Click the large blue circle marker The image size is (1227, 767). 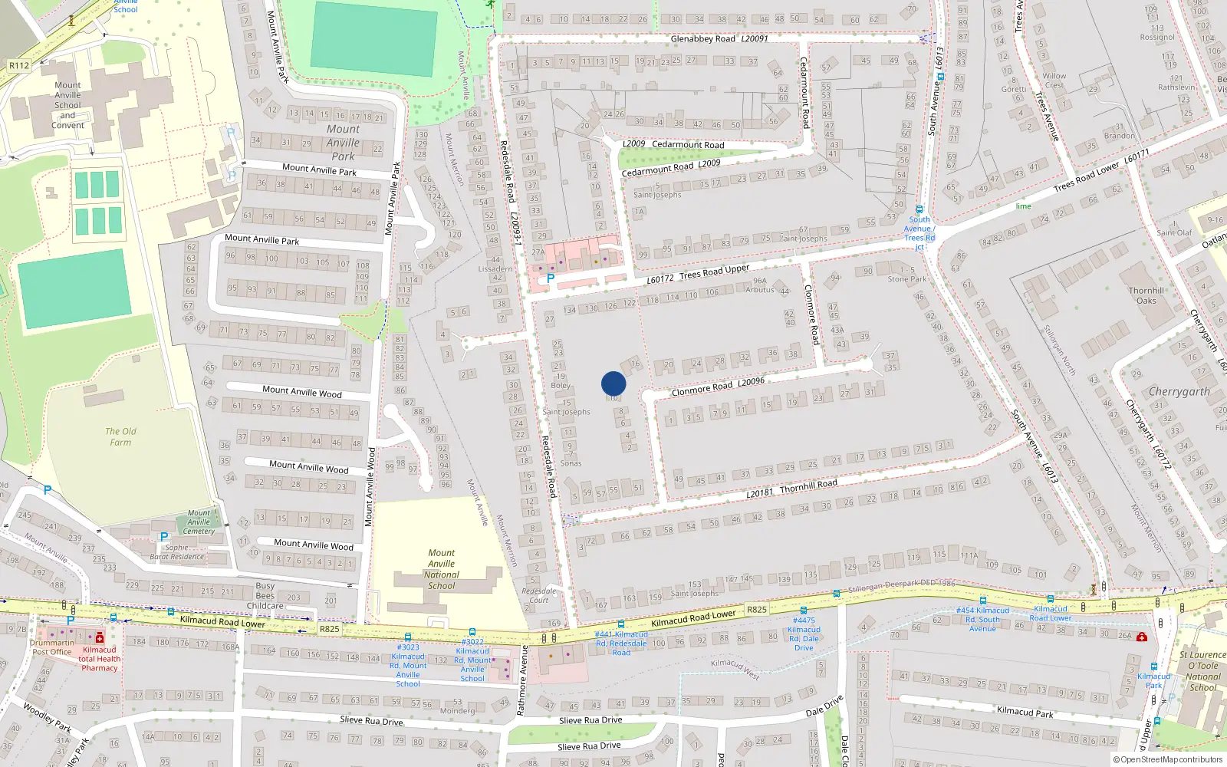[x=613, y=383]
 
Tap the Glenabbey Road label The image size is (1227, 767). [x=719, y=38]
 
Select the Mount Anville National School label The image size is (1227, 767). [x=441, y=569]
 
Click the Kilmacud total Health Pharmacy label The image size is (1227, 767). [x=100, y=659]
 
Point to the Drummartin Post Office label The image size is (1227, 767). [x=52, y=647]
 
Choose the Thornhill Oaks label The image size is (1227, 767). [x=1146, y=295]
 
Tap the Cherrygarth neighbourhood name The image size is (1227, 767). [x=1179, y=392]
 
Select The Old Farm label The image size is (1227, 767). [x=120, y=436]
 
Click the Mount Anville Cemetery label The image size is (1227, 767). [x=199, y=522]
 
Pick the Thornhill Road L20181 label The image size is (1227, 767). [x=791, y=489]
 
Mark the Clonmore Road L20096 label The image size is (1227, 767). [x=718, y=387]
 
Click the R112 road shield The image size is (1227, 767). [x=19, y=65]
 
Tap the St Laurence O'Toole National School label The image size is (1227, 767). [x=1202, y=671]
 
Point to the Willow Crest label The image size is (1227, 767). [x=1054, y=80]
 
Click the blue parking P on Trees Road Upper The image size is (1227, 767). [x=550, y=278]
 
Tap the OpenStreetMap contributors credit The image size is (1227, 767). [x=1168, y=759]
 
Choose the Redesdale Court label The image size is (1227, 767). [x=538, y=595]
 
